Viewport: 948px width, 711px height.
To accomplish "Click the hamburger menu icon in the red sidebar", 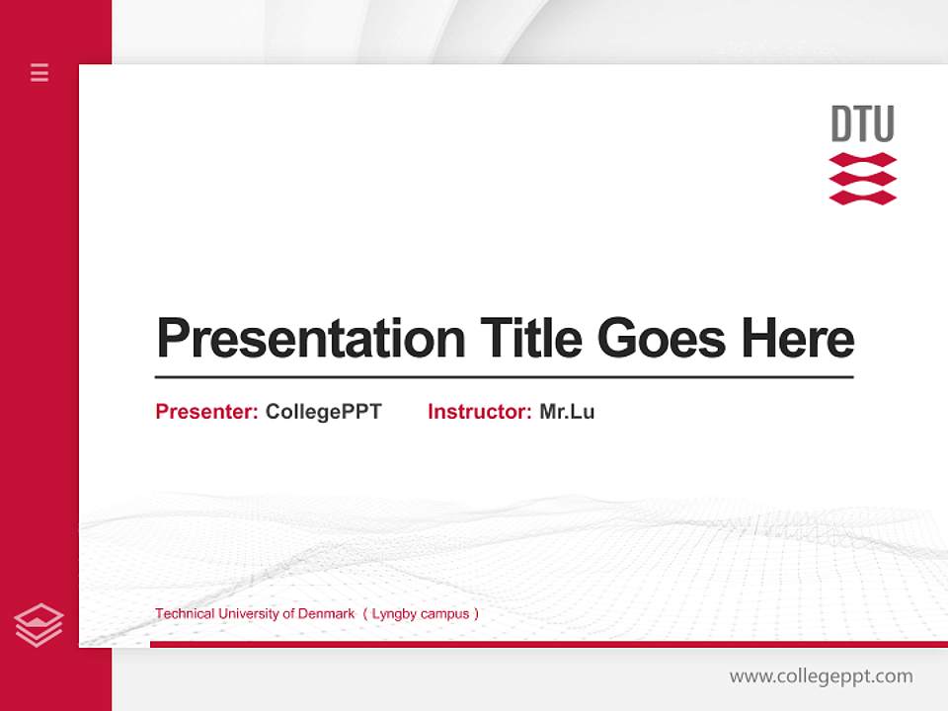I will coord(39,72).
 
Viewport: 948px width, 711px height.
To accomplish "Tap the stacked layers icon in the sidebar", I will coord(39,625).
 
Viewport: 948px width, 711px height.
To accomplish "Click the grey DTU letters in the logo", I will coord(862,124).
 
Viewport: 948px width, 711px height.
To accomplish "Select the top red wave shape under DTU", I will coord(862,160).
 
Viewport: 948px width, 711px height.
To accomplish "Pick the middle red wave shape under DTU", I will coord(862,179).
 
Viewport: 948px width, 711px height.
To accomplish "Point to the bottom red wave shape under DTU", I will coord(862,197).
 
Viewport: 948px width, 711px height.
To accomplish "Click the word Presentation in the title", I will coord(310,339).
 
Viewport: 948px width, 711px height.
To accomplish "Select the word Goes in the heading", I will coord(662,339).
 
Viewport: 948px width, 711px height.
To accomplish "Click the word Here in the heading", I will coord(797,339).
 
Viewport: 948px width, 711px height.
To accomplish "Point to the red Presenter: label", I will coord(206,412).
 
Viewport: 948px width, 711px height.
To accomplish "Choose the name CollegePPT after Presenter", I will coord(323,412).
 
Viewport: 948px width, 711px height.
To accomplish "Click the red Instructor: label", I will coord(479,412).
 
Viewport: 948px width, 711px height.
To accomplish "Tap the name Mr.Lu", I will coord(567,412).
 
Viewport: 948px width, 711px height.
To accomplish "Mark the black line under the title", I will coord(504,376).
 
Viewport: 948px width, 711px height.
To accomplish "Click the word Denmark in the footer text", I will coord(325,613).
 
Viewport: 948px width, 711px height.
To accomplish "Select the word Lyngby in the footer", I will coord(394,613).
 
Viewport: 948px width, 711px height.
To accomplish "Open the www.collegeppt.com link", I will coord(821,676).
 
